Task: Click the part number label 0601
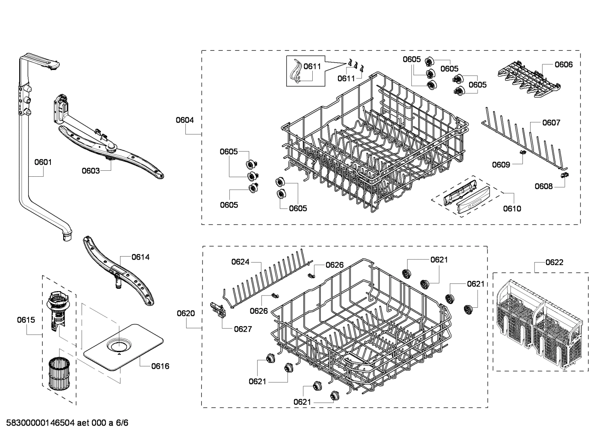(x=43, y=162)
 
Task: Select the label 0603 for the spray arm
(x=91, y=171)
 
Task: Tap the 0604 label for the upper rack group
(x=185, y=120)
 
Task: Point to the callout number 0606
(x=563, y=64)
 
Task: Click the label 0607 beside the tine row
(x=551, y=123)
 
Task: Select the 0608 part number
(x=543, y=186)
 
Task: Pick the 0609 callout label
(x=501, y=165)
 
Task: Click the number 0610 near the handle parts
(x=512, y=209)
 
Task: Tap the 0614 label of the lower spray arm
(x=140, y=257)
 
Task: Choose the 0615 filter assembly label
(x=26, y=320)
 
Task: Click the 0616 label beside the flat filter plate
(x=160, y=366)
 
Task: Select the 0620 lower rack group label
(x=186, y=313)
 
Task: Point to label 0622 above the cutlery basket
(x=554, y=263)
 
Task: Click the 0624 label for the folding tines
(x=240, y=262)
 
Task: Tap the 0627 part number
(x=243, y=329)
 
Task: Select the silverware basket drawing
(x=540, y=318)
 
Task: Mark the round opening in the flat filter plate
(x=119, y=345)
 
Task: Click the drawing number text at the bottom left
(x=65, y=423)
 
